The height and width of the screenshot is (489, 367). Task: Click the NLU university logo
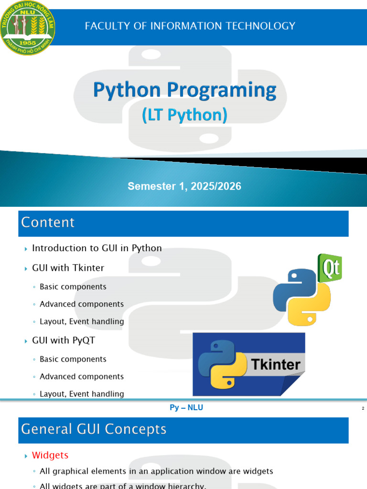pos(27,28)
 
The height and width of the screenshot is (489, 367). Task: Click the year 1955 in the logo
pos(27,43)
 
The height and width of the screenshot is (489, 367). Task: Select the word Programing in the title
pos(222,90)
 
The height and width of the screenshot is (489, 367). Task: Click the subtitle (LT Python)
pos(184,115)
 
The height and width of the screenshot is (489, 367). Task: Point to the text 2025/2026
pos(216,186)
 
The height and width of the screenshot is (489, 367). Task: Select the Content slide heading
pos(48,223)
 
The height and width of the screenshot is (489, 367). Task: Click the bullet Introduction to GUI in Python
pos(97,248)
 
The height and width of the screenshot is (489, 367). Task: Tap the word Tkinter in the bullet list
pos(88,267)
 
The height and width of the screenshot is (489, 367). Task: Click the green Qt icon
pos(330,268)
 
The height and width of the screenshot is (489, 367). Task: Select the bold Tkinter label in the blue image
pos(276,364)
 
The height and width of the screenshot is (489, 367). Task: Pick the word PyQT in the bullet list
pos(83,340)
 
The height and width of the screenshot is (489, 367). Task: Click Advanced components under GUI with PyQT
pos(82,376)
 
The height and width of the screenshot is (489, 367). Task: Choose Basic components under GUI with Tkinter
pos(73,287)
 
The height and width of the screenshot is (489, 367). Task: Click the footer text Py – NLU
pos(186,408)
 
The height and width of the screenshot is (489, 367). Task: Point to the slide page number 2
pos(363,408)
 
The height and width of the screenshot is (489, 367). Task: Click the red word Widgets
pos(50,455)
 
